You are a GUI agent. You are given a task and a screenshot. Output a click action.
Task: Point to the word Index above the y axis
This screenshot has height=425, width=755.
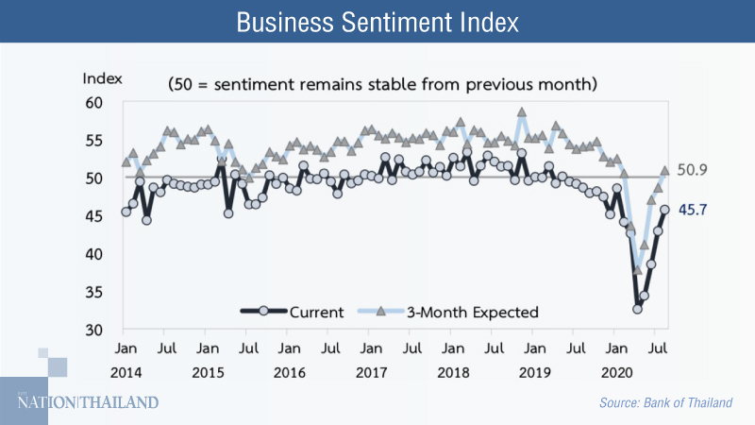coord(101,77)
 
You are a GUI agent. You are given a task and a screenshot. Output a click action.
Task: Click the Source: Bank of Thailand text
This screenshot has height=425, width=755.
coord(665,403)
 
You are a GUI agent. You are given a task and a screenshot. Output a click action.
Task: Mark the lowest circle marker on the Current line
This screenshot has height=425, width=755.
coord(638,309)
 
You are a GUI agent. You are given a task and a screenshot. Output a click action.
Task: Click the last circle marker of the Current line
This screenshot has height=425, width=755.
coord(664,210)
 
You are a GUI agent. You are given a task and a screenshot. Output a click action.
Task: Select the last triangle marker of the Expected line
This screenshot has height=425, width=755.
coord(664,171)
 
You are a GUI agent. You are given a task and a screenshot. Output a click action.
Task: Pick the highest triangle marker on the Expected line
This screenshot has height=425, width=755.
coord(521,111)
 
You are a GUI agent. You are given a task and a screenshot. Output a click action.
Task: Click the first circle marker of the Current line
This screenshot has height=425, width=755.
coord(126,212)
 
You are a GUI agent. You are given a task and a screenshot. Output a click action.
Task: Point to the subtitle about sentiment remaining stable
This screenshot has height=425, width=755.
coord(382,84)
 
